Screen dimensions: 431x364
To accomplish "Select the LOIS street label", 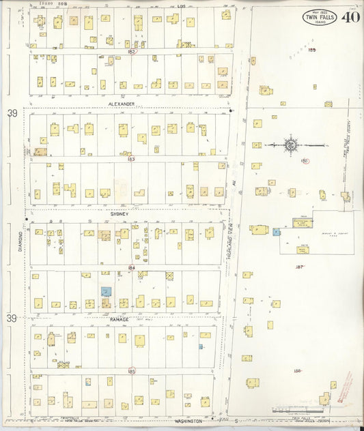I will click(181, 5).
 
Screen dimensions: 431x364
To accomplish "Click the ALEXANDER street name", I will click(121, 104).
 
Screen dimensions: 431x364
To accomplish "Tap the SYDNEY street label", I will click(120, 212).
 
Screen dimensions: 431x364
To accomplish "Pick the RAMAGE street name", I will click(119, 318).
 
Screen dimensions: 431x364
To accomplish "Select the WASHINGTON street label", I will click(189, 421).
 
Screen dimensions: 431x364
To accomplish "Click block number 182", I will click(132, 51).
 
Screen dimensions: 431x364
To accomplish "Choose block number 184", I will click(131, 267).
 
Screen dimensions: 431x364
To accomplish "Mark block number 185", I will click(131, 371).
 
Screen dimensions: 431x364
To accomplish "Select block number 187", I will click(298, 267).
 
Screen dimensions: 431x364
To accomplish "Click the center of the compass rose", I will click(291, 144).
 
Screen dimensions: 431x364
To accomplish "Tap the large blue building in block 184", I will click(106, 291).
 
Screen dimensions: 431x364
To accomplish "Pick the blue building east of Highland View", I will click(277, 232).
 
